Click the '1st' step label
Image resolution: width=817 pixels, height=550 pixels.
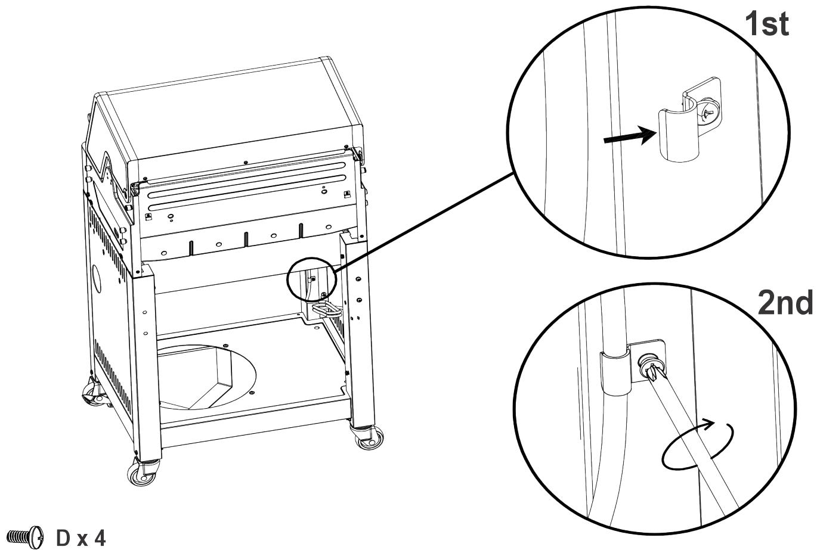coord(767,25)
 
